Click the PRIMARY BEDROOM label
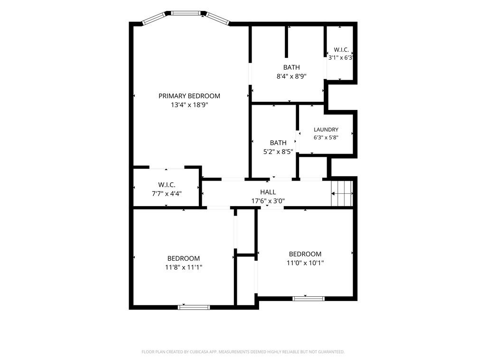[x=189, y=96]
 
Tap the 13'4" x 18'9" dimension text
[x=189, y=105]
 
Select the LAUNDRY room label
[x=326, y=130]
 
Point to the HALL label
[x=268, y=192]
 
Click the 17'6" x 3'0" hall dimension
[x=268, y=201]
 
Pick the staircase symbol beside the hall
[x=342, y=193]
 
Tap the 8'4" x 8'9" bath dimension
[x=291, y=76]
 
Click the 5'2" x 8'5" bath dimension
[x=278, y=152]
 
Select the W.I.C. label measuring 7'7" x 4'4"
[x=167, y=185]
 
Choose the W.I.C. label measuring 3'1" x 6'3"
[x=341, y=49]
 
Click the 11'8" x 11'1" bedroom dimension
[x=184, y=267]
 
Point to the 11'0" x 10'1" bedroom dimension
[x=305, y=263]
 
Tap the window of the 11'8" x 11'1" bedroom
[x=194, y=307]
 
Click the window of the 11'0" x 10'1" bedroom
[x=308, y=299]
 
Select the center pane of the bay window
[x=186, y=13]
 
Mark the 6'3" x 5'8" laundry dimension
[x=326, y=137]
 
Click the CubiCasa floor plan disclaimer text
[x=243, y=352]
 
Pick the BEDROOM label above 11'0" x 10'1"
[x=305, y=254]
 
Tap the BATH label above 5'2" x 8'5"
[x=278, y=143]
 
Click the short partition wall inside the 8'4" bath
[x=286, y=42]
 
